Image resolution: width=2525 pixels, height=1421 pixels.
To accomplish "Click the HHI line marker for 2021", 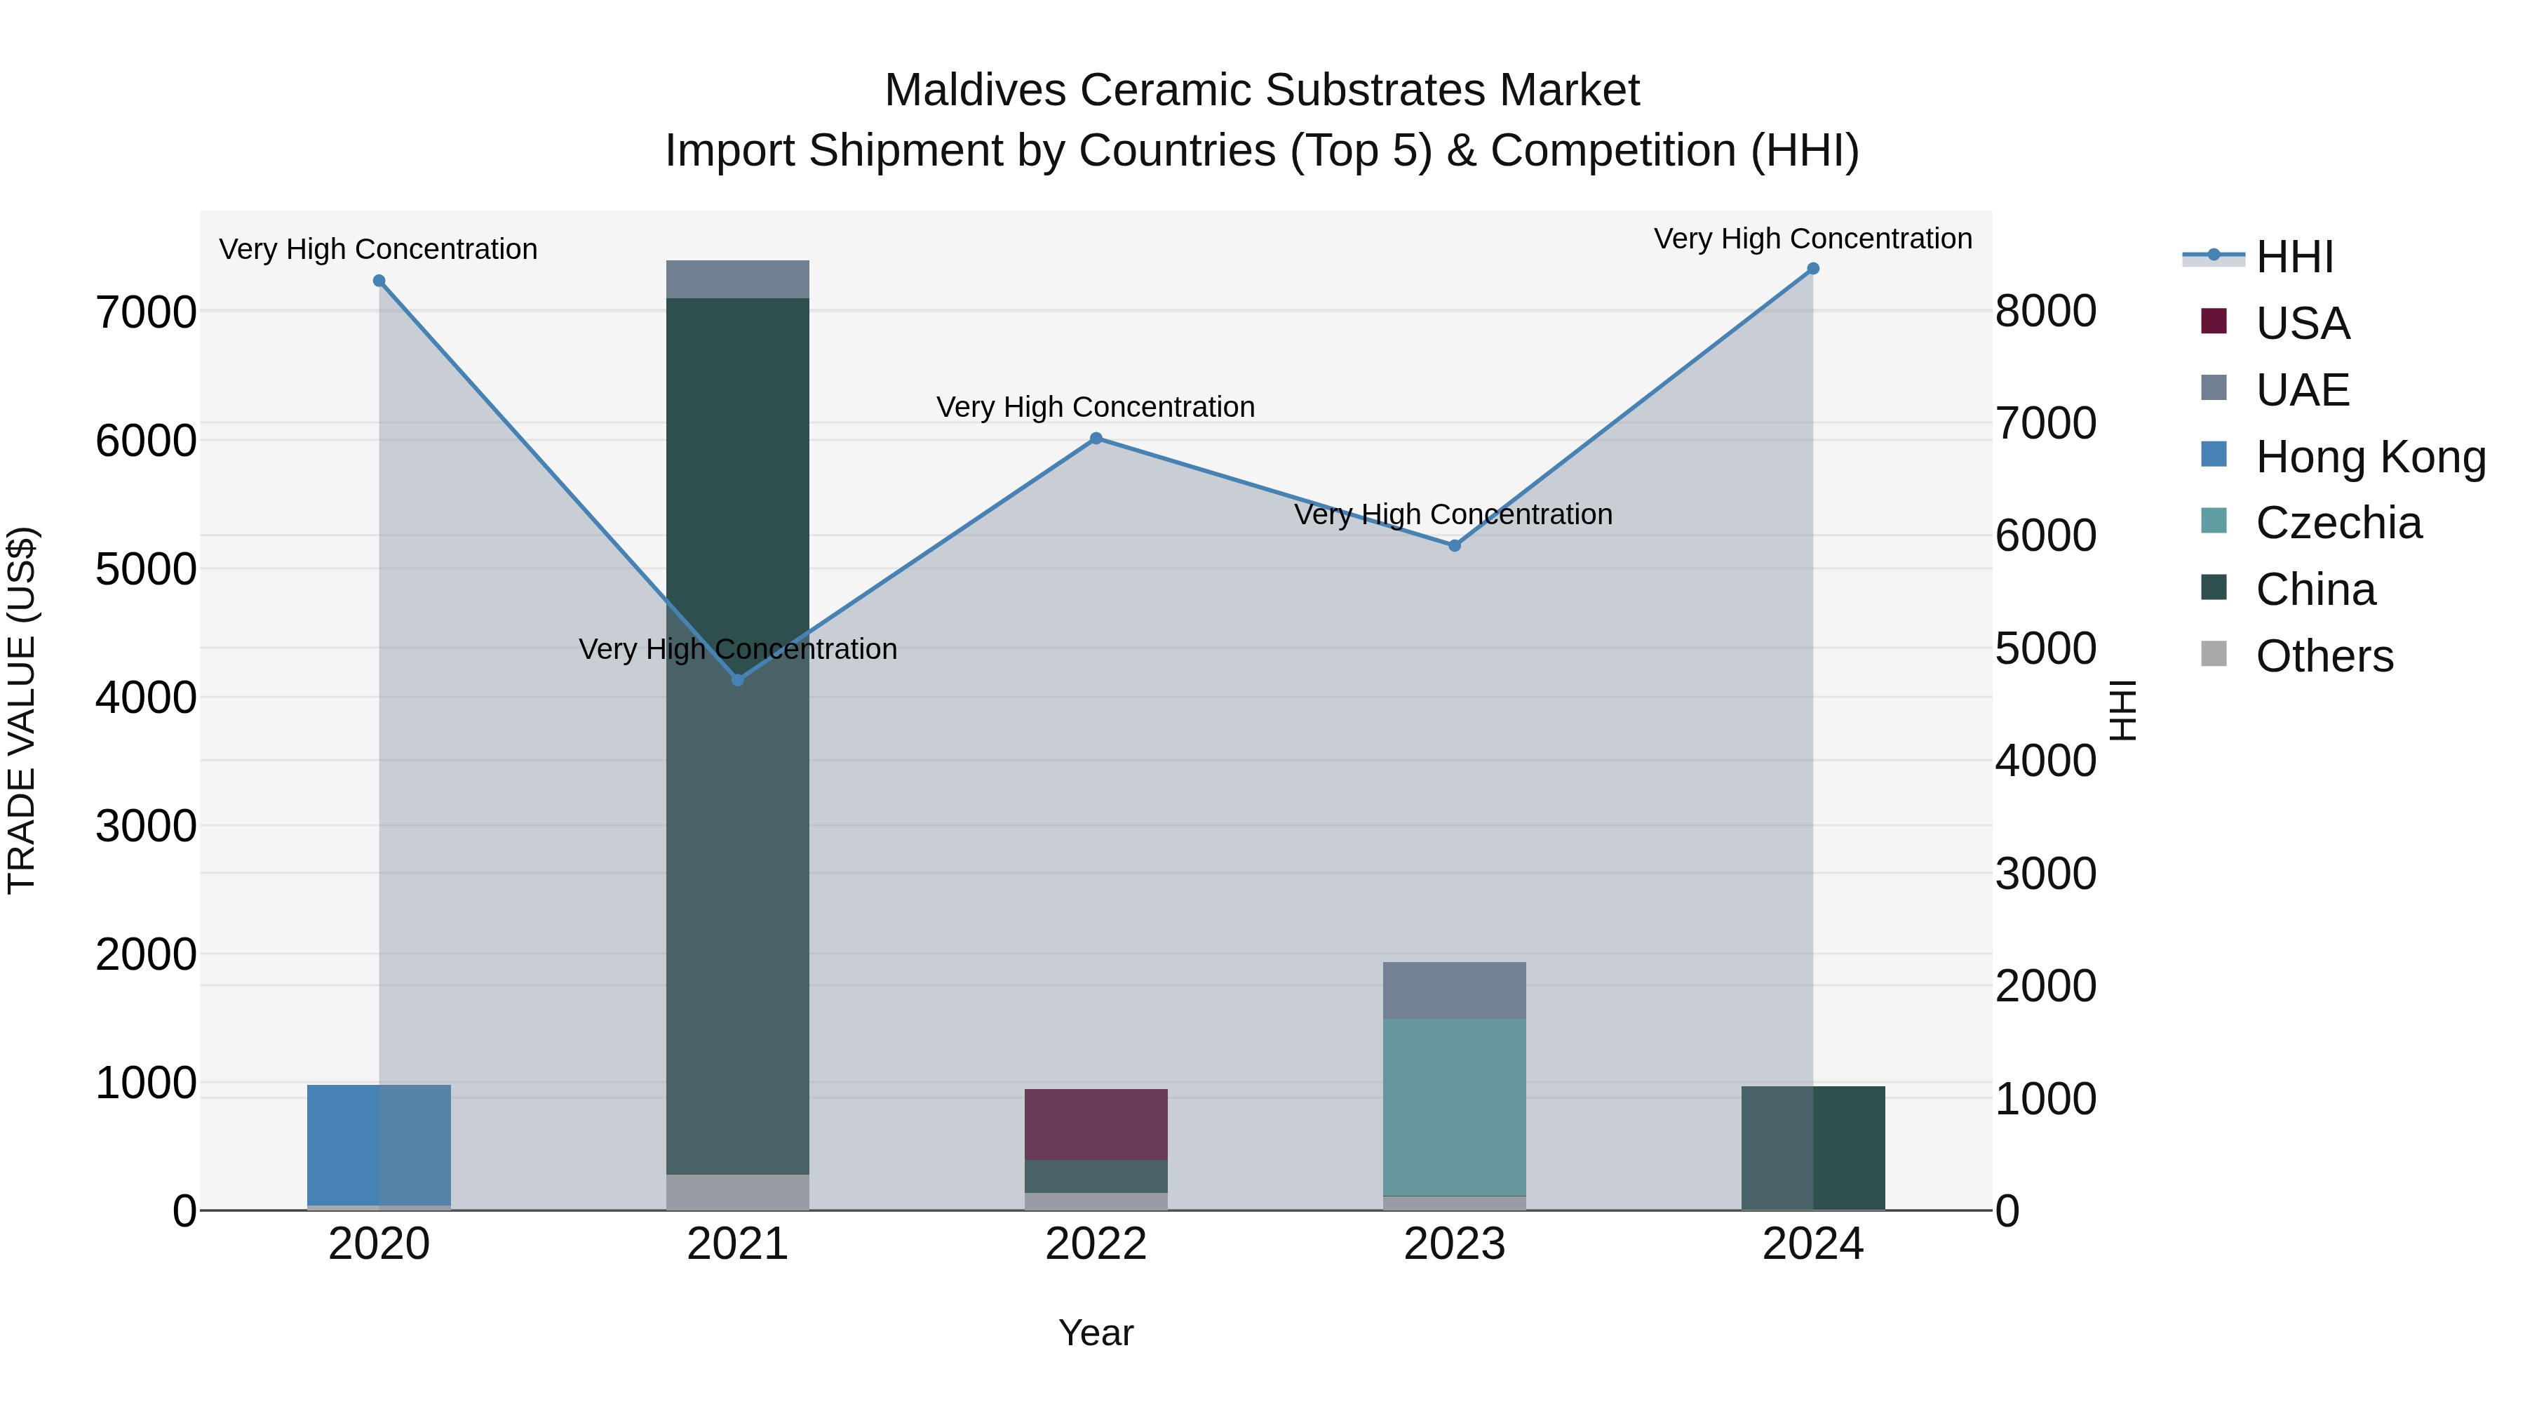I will click(738, 679).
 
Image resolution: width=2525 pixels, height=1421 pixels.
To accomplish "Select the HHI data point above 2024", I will click(1812, 269).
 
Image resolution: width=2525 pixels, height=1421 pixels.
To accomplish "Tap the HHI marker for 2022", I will click(1096, 439).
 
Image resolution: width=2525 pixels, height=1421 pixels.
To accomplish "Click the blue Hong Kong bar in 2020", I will click(378, 1145).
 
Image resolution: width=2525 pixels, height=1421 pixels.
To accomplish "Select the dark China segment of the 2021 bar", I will click(738, 735).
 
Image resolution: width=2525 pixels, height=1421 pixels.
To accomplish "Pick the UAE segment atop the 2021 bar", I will click(738, 279).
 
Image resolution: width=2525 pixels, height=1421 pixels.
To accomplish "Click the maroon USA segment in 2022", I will click(1096, 1124).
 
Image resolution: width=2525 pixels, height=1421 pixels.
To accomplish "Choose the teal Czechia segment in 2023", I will click(1454, 1106).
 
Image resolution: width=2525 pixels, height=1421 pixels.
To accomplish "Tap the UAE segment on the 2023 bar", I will click(1454, 989).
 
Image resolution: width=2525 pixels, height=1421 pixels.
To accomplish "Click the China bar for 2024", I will click(1812, 1147).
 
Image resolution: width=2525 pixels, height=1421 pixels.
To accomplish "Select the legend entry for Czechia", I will click(2338, 523).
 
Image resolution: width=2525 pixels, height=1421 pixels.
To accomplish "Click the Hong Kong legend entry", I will click(2370, 457).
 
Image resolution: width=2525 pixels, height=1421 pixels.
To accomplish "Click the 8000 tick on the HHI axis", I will click(2046, 311).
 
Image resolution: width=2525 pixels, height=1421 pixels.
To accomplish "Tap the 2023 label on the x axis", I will click(1454, 1244).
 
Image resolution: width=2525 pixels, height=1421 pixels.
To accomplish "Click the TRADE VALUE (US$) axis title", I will click(22, 710).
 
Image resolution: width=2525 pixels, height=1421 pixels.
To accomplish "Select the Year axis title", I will click(1096, 1333).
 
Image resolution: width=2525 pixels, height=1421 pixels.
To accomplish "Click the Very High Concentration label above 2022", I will click(1096, 407).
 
